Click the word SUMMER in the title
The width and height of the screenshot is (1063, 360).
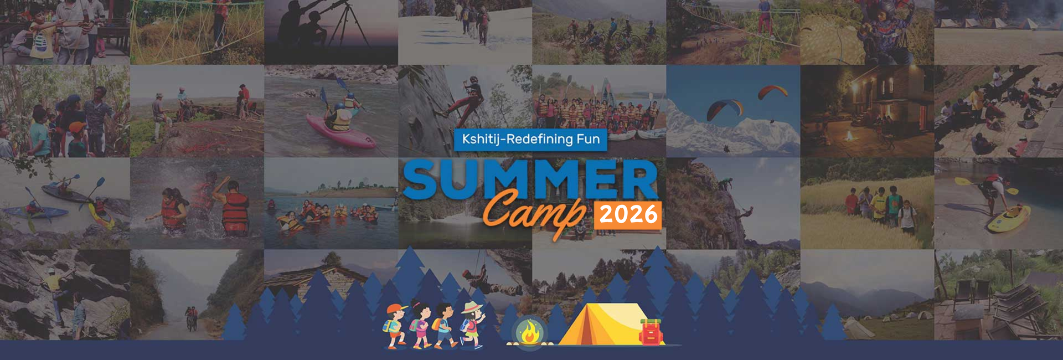(530, 180)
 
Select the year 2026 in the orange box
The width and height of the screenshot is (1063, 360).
(628, 214)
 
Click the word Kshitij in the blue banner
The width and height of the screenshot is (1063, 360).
(481, 139)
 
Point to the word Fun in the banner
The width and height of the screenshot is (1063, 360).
(588, 139)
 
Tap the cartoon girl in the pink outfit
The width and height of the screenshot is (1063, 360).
(420, 327)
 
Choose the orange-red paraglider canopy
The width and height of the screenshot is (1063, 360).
(773, 91)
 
